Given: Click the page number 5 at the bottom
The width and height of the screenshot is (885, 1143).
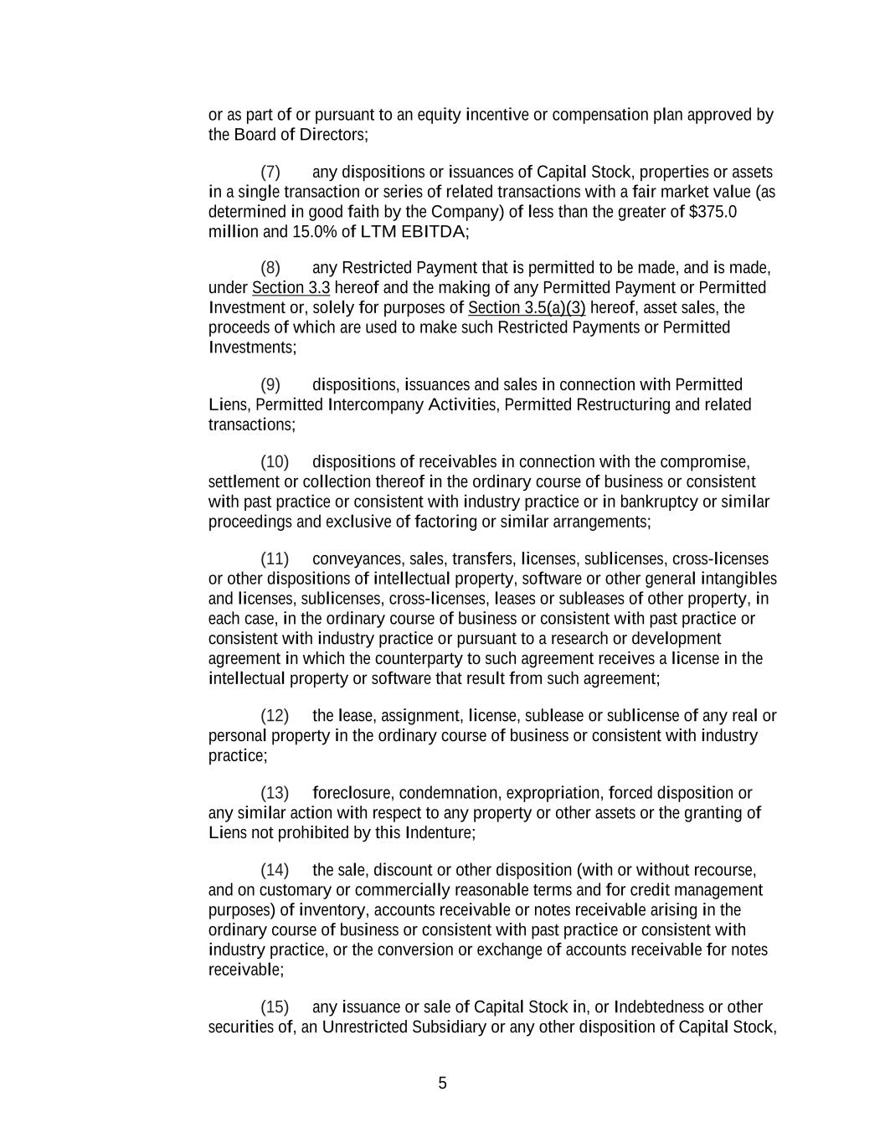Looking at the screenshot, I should pos(442,1084).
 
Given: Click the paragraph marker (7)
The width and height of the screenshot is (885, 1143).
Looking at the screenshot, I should pos(270,172).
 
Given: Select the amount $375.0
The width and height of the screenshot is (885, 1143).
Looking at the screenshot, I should pos(713,212).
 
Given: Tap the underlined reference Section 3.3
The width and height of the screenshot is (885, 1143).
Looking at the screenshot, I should pos(291,288).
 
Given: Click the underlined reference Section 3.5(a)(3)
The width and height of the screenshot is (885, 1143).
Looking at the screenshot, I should pos(527,308).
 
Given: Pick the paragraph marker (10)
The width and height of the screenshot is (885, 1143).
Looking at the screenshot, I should pos(274,462).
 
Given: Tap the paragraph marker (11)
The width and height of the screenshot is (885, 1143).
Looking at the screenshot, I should pos(274,559).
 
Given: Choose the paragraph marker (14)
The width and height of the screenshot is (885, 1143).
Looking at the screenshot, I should pos(274,870).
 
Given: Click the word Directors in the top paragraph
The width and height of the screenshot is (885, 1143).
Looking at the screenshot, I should pos(332,135).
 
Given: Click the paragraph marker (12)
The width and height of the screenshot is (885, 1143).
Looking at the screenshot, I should pos(274,716).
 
